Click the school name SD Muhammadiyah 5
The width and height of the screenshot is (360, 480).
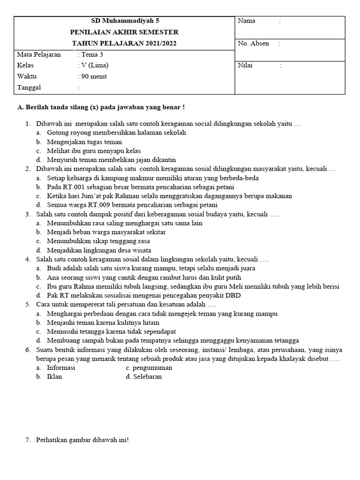pyautogui.click(x=125, y=21)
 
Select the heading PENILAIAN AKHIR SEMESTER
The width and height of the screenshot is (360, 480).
pyautogui.click(x=124, y=32)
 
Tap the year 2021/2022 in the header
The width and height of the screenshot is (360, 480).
pyautogui.click(x=156, y=43)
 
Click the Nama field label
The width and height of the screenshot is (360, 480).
pyautogui.click(x=247, y=21)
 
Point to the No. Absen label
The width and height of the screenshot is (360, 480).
pyautogui.click(x=254, y=43)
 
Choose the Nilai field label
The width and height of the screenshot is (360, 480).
pyautogui.click(x=245, y=65)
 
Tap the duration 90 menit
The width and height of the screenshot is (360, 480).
pyautogui.click(x=94, y=76)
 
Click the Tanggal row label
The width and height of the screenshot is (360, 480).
pyautogui.click(x=29, y=88)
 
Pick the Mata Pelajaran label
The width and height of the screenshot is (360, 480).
pyautogui.click(x=39, y=54)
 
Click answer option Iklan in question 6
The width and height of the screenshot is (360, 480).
pyautogui.click(x=54, y=376)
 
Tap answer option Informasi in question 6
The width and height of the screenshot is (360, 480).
pyautogui.click(x=61, y=367)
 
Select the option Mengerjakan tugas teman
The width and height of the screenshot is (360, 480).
pyautogui.click(x=84, y=142)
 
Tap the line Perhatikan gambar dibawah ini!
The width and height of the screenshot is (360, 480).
pyautogui.click(x=82, y=440)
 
